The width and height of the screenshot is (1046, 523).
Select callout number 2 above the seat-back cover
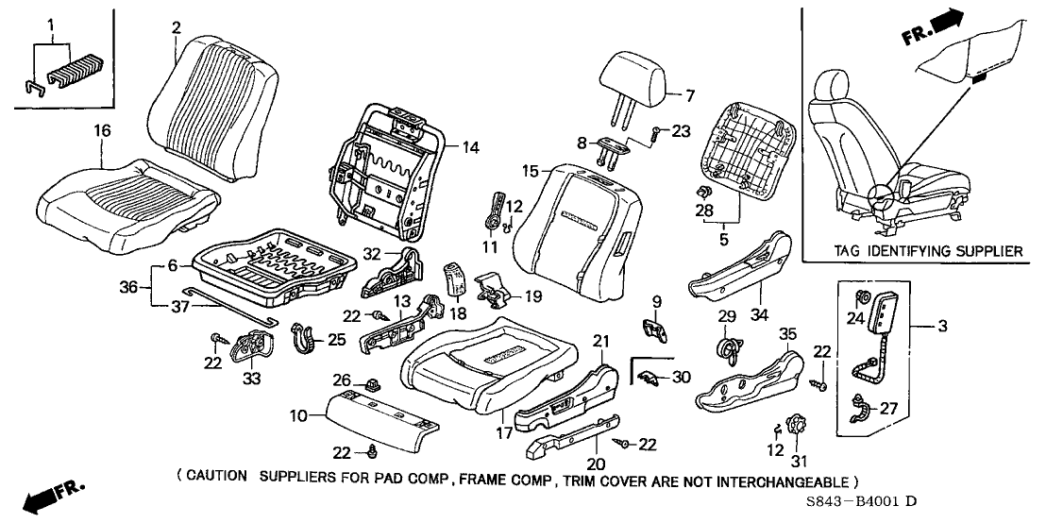[x=176, y=26]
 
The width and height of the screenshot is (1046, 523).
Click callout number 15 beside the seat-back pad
[x=531, y=171]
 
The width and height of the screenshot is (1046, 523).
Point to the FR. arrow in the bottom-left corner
[x=53, y=497]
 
